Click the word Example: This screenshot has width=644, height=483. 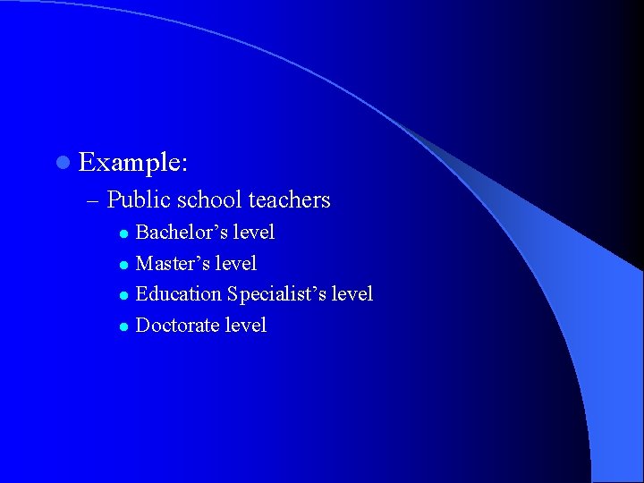(133, 163)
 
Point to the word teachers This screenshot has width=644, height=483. (289, 200)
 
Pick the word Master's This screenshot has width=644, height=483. (172, 264)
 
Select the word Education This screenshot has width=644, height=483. (178, 294)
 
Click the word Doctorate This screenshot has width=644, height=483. (177, 326)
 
